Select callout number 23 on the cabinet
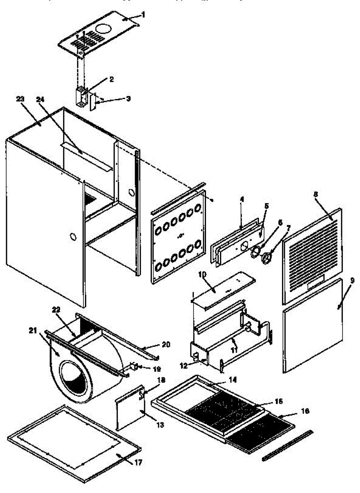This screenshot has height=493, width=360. click(x=21, y=99)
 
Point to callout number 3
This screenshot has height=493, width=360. click(x=128, y=99)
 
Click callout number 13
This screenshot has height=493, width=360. click(x=161, y=424)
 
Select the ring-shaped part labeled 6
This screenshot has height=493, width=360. click(x=256, y=251)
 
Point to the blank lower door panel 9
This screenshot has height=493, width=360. click(x=312, y=329)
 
